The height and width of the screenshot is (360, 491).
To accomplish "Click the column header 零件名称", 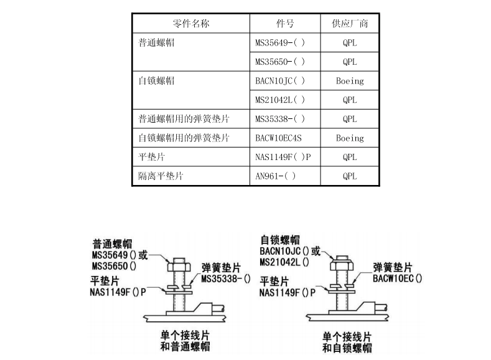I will (190, 24).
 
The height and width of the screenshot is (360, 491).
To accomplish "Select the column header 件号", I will (285, 24).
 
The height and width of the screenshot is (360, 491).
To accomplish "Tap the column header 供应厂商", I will (350, 24).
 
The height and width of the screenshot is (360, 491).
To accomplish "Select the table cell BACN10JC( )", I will (280, 81).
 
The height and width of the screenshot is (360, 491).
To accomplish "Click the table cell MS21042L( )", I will (280, 100).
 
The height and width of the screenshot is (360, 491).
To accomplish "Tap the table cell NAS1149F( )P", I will (283, 157).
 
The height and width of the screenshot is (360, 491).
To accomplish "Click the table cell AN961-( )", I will (276, 176).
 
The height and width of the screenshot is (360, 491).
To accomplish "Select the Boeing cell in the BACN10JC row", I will (350, 81).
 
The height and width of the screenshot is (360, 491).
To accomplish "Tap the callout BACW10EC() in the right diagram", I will (398, 278).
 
